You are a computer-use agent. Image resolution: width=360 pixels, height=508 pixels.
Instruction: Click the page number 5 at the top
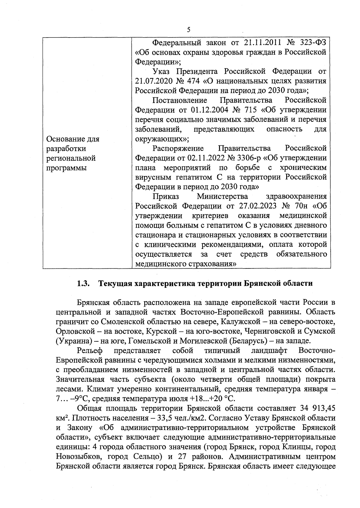pos(189,29)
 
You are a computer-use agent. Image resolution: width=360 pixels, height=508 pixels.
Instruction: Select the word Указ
pos(162,71)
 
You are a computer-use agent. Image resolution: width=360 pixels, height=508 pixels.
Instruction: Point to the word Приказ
pos(166,196)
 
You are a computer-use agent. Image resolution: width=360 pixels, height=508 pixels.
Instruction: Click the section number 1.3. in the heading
pos(84,283)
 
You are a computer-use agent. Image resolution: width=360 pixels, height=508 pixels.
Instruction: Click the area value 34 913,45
pos(317,408)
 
